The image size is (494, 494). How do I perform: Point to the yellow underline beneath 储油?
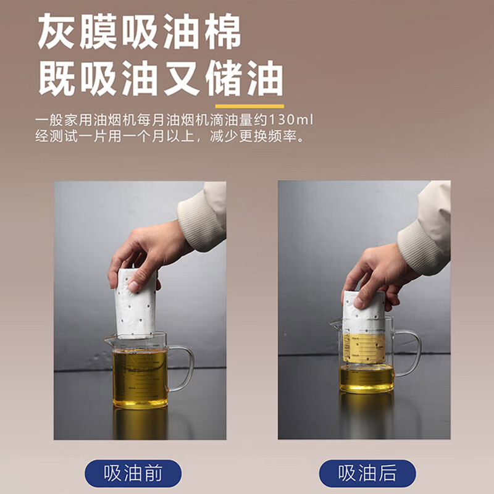(245, 106)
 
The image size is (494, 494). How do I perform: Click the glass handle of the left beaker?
(182, 368)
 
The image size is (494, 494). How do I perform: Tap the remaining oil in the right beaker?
(366, 378)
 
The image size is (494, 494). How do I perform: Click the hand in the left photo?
(145, 253)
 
